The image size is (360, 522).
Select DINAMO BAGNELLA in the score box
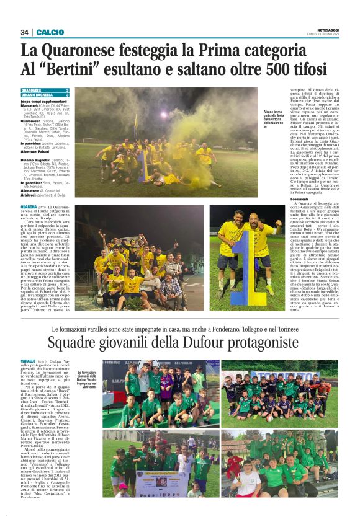37,94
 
